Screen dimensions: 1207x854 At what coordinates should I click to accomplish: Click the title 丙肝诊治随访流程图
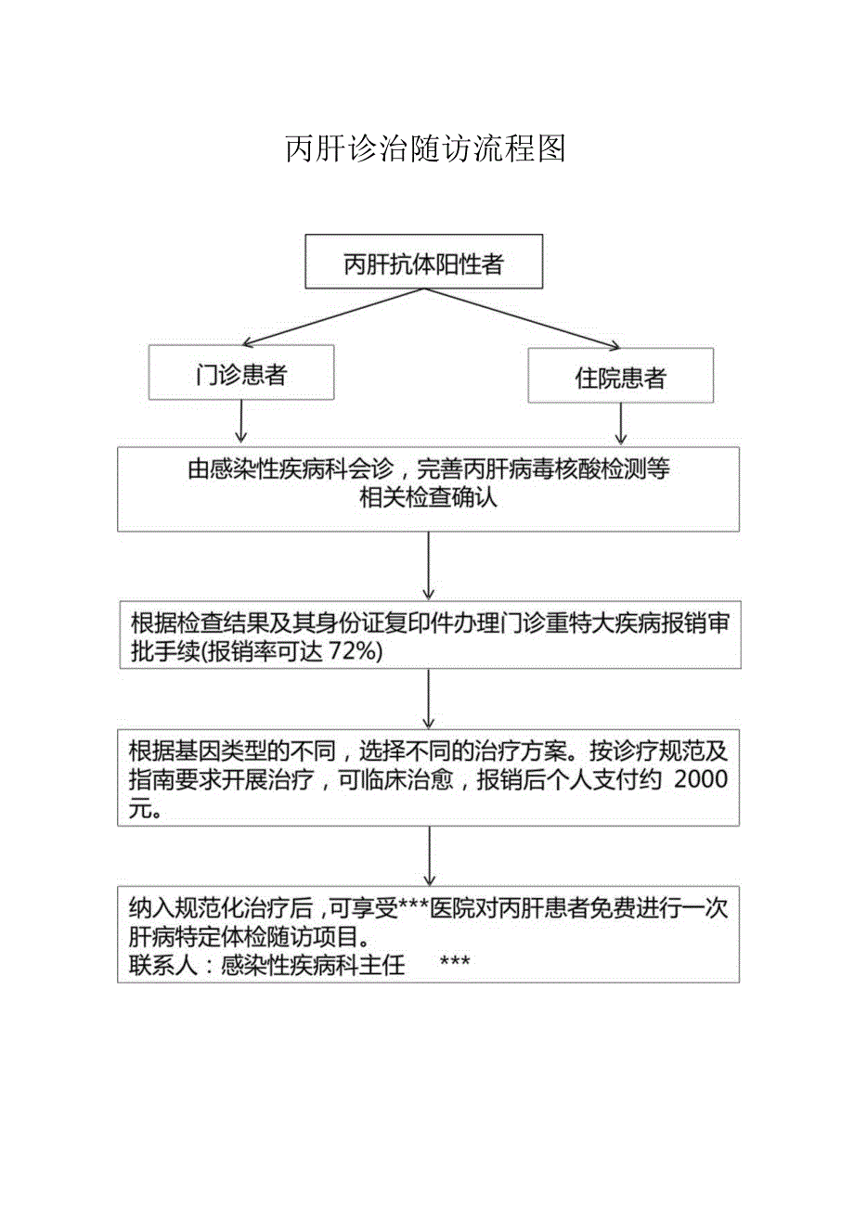(426, 148)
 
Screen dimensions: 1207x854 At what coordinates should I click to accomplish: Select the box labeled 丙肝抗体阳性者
(423, 264)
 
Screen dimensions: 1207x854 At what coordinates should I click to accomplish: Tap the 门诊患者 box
(241, 375)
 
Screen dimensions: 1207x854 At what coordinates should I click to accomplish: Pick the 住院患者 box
(620, 377)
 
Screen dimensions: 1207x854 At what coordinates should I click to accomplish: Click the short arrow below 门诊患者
(241, 422)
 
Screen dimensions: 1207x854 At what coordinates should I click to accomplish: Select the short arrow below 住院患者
(620, 424)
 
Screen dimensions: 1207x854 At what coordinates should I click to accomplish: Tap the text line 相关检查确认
(428, 498)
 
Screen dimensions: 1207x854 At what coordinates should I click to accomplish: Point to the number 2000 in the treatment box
(702, 780)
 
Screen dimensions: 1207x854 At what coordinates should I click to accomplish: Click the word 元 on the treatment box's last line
(140, 808)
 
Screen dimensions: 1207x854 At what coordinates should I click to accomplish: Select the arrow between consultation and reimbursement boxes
(428, 566)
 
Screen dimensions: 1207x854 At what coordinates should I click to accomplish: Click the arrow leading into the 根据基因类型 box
(428, 699)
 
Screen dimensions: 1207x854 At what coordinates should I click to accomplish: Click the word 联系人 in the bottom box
(163, 966)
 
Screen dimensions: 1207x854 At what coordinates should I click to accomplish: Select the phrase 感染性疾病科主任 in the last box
(314, 966)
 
